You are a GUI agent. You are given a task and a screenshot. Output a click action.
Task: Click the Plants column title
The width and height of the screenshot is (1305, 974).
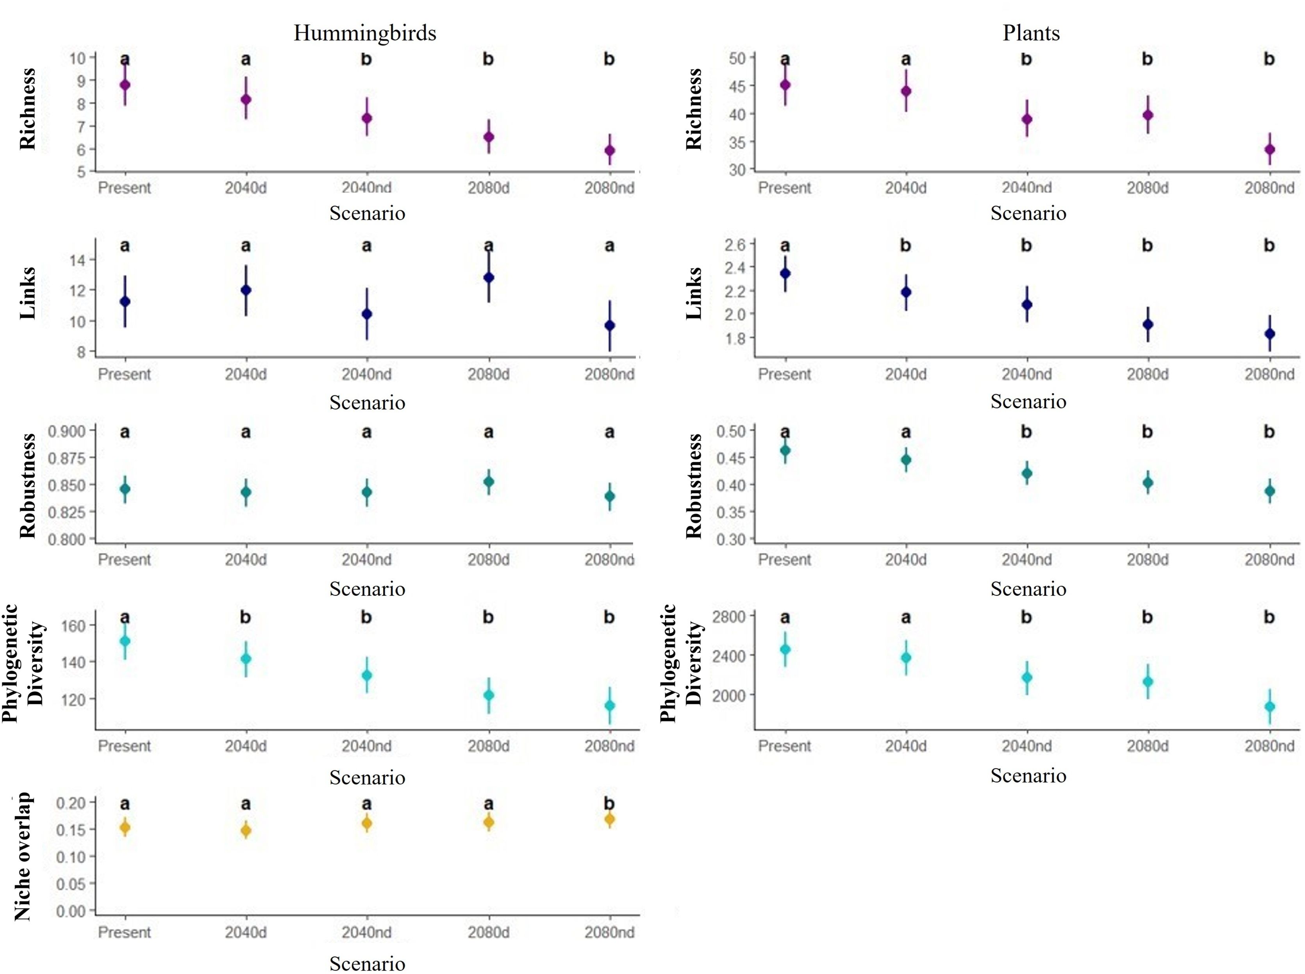click(x=1031, y=33)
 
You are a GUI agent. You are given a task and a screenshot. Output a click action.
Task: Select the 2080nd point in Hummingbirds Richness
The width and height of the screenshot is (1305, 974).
click(x=609, y=150)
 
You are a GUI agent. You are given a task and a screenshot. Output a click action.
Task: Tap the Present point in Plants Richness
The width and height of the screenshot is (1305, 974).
click(x=785, y=85)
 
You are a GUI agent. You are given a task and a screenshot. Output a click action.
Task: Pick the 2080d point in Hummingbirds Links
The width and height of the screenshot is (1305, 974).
click(x=489, y=278)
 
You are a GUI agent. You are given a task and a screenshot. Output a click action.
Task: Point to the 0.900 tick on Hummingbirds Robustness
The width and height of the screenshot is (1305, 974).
click(x=67, y=431)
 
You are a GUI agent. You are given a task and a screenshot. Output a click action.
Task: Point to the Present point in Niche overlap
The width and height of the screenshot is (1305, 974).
click(x=125, y=828)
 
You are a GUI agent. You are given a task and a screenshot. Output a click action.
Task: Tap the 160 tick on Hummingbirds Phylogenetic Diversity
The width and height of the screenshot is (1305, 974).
click(x=74, y=625)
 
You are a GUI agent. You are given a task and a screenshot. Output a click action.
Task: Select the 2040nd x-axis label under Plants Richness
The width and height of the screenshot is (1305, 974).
click(x=1027, y=188)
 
